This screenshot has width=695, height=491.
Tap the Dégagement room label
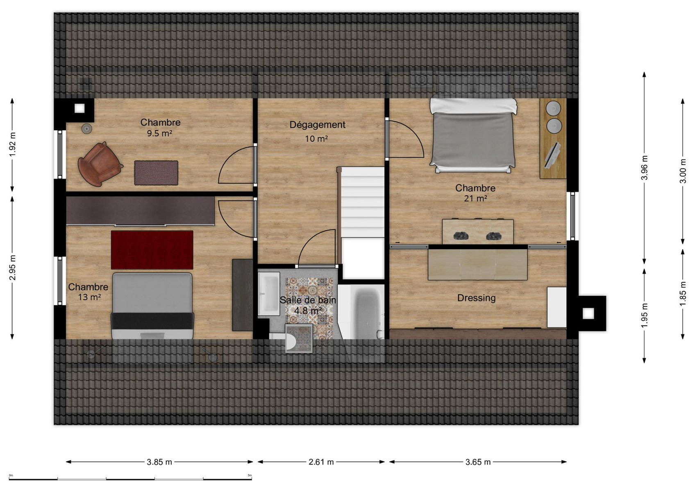[x=317, y=125]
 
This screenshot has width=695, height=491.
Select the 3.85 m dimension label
[x=159, y=462]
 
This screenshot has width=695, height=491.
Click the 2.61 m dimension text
[x=321, y=462]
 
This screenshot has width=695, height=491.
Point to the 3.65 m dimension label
[x=478, y=462]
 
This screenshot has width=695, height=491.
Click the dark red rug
[x=152, y=250]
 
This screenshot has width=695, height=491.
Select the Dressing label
[x=476, y=298]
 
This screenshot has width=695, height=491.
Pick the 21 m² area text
[x=475, y=198]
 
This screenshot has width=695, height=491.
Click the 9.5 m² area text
[x=159, y=133]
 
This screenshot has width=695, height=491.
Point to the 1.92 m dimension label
[x=13, y=145]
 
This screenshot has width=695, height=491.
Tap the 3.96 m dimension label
[x=645, y=168]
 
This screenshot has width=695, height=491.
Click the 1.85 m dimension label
[x=683, y=293]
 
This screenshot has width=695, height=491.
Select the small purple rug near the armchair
[x=156, y=173]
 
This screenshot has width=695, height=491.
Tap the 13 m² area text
[x=89, y=297]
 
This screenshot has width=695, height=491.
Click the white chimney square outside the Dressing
[x=588, y=313]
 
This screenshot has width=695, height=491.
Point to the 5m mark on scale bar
[x=250, y=475]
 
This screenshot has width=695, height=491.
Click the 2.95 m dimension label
[x=13, y=268]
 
